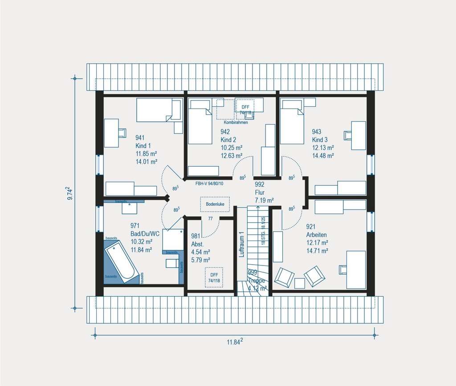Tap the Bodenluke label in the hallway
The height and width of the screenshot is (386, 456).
pyautogui.click(x=215, y=204)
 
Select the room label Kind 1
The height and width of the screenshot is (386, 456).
pyautogui.click(x=143, y=146)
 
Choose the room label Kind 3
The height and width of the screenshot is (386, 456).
pyautogui.click(x=320, y=140)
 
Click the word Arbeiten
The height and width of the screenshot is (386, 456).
pyautogui.click(x=317, y=235)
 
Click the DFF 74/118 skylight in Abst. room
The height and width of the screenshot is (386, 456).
pyautogui.click(x=213, y=277)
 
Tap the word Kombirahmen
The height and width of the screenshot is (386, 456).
pyautogui.click(x=236, y=122)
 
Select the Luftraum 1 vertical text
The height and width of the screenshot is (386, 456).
pyautogui.click(x=241, y=245)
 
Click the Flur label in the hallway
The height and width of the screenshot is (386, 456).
pyautogui.click(x=260, y=193)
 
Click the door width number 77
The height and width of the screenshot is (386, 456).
pyautogui.click(x=210, y=219)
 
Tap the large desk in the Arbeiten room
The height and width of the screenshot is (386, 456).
pyautogui.click(x=356, y=269)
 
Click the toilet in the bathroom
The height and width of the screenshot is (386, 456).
pyautogui.click(x=172, y=263)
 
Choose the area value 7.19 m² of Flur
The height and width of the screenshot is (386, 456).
pyautogui.click(x=264, y=201)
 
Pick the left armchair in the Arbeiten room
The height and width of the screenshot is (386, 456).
pyautogui.click(x=284, y=277)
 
